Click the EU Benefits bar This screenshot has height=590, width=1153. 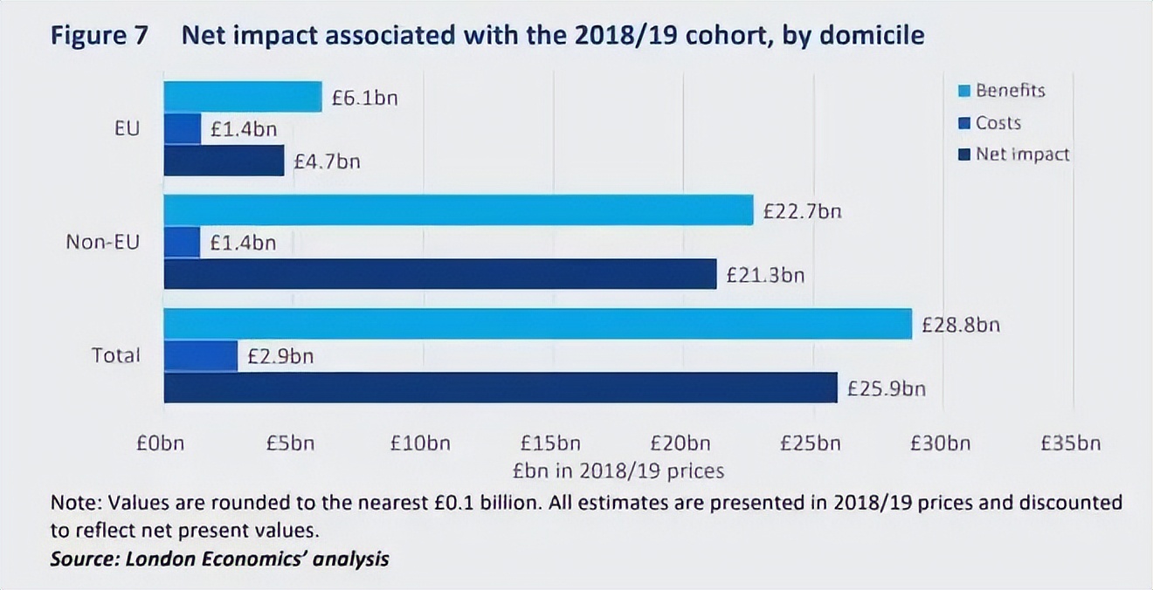coord(243,97)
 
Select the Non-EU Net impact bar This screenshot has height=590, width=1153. coord(440,274)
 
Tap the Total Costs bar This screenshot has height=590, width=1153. coord(201,356)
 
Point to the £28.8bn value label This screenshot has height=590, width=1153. coord(961,326)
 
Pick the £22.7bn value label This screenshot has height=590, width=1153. coord(803,210)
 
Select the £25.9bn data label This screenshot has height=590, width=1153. coord(887,388)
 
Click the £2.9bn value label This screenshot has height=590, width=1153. coord(280,356)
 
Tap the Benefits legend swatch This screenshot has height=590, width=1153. coord(964,91)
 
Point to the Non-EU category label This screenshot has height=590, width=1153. coord(102,243)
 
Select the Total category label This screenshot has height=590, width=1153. coord(115,356)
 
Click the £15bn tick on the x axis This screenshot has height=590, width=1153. coord(550,443)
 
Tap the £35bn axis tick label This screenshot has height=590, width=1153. coord(1071,443)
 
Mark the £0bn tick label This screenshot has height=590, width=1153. coord(161,443)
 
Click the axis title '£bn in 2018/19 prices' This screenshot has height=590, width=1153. coord(618,471)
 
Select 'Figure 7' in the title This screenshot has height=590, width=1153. coord(100,37)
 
